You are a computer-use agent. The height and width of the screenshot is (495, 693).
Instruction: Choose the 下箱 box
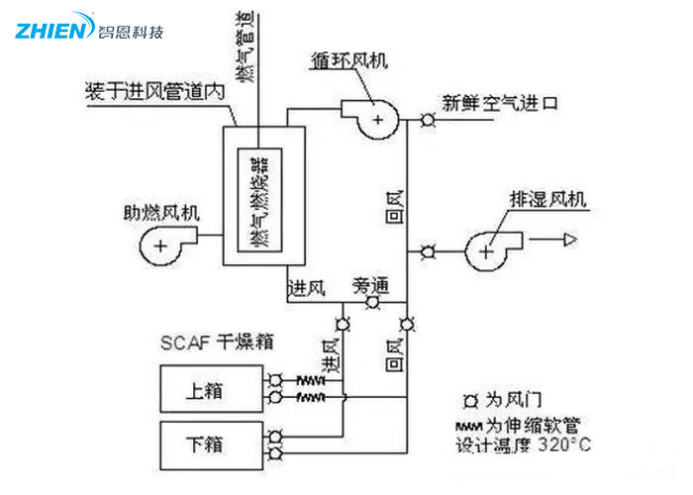tap(211, 443)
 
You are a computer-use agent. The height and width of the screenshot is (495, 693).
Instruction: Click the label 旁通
tap(370, 286)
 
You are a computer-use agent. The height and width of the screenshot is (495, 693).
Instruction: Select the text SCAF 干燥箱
tap(216, 342)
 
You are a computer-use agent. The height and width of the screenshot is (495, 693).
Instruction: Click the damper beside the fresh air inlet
tap(428, 121)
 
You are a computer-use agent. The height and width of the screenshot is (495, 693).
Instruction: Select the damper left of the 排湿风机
tap(428, 249)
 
